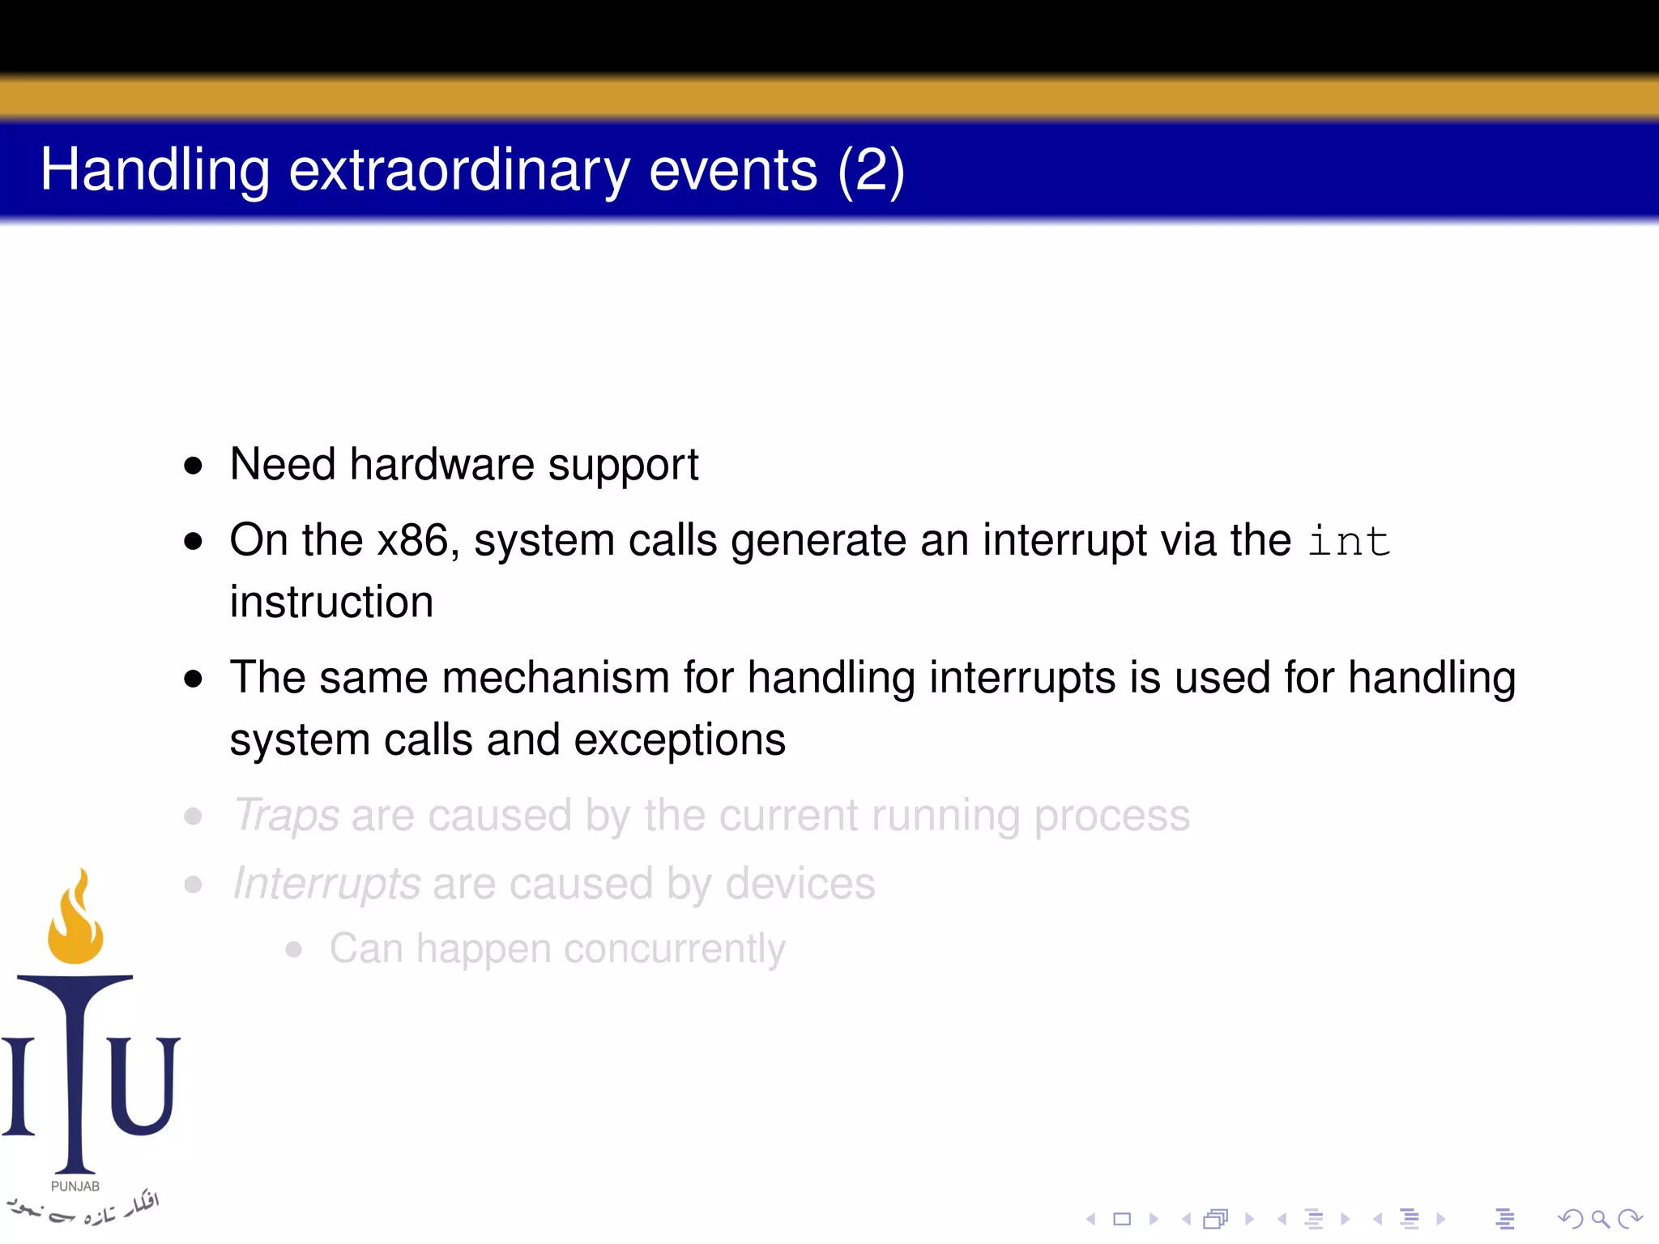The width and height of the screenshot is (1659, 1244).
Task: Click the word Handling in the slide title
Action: coord(155,170)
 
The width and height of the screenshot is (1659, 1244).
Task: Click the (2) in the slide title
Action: coord(871,170)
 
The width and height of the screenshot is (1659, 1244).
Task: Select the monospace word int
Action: coord(1349,541)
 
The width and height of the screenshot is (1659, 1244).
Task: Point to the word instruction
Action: coord(331,603)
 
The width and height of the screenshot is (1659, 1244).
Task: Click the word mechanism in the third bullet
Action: coord(555,677)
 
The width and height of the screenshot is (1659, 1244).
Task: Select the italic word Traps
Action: coord(286,815)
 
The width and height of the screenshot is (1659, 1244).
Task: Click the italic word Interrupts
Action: coord(326,884)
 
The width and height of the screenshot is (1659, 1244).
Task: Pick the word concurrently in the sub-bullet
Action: coord(674,948)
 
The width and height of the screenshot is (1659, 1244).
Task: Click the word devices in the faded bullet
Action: coord(800,884)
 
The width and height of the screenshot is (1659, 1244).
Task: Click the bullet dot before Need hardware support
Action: coord(193,466)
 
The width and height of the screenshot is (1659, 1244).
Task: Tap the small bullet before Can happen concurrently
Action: coord(294,949)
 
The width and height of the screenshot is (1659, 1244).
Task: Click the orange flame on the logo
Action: coord(75,923)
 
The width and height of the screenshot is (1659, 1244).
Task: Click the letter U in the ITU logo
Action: coord(143,1085)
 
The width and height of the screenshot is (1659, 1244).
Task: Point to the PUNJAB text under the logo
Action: coord(75,1186)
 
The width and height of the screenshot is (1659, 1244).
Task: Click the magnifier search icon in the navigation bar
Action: coord(1600,1219)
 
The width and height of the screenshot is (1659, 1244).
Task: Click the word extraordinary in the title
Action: coord(458,170)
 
